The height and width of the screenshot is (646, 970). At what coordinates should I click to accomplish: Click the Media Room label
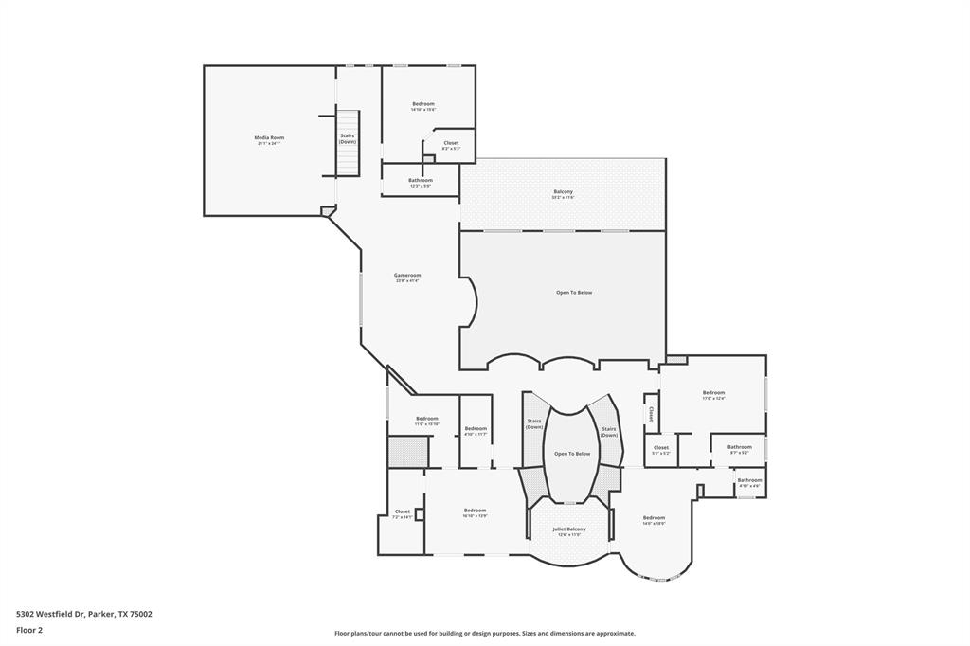(x=269, y=138)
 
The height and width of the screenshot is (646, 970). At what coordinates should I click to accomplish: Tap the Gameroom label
(x=407, y=276)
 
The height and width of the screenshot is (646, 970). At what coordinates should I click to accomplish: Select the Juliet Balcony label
(x=569, y=530)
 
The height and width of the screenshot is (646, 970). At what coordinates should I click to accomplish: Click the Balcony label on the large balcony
(x=564, y=192)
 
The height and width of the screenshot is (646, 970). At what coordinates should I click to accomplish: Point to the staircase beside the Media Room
(x=348, y=142)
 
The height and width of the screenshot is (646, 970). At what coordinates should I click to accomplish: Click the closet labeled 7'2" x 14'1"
(x=403, y=512)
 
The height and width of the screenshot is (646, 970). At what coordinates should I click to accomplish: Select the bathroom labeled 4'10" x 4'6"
(x=750, y=481)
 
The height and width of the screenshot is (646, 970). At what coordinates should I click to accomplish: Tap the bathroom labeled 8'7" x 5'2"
(x=739, y=448)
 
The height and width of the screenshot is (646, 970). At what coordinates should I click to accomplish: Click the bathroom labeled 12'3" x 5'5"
(x=421, y=181)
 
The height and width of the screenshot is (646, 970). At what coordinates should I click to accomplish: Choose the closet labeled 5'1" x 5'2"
(x=660, y=449)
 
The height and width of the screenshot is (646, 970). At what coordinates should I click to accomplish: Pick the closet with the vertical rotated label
(x=651, y=415)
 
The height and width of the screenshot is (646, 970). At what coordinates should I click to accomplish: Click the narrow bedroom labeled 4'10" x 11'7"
(x=476, y=430)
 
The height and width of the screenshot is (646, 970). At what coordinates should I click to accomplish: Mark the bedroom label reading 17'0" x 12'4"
(x=713, y=394)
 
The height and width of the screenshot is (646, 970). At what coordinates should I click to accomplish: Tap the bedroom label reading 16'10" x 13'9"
(x=475, y=511)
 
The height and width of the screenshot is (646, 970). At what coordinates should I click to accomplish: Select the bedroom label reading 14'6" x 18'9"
(x=654, y=519)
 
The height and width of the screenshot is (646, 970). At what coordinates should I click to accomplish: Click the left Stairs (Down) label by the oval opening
(x=533, y=423)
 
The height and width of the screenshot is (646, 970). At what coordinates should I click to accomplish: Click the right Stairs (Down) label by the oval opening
(x=609, y=431)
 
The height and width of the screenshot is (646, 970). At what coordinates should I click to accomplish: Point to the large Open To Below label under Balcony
(x=574, y=293)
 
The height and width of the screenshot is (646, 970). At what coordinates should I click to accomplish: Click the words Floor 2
(x=29, y=629)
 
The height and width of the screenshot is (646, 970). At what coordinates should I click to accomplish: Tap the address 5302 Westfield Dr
(x=50, y=614)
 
